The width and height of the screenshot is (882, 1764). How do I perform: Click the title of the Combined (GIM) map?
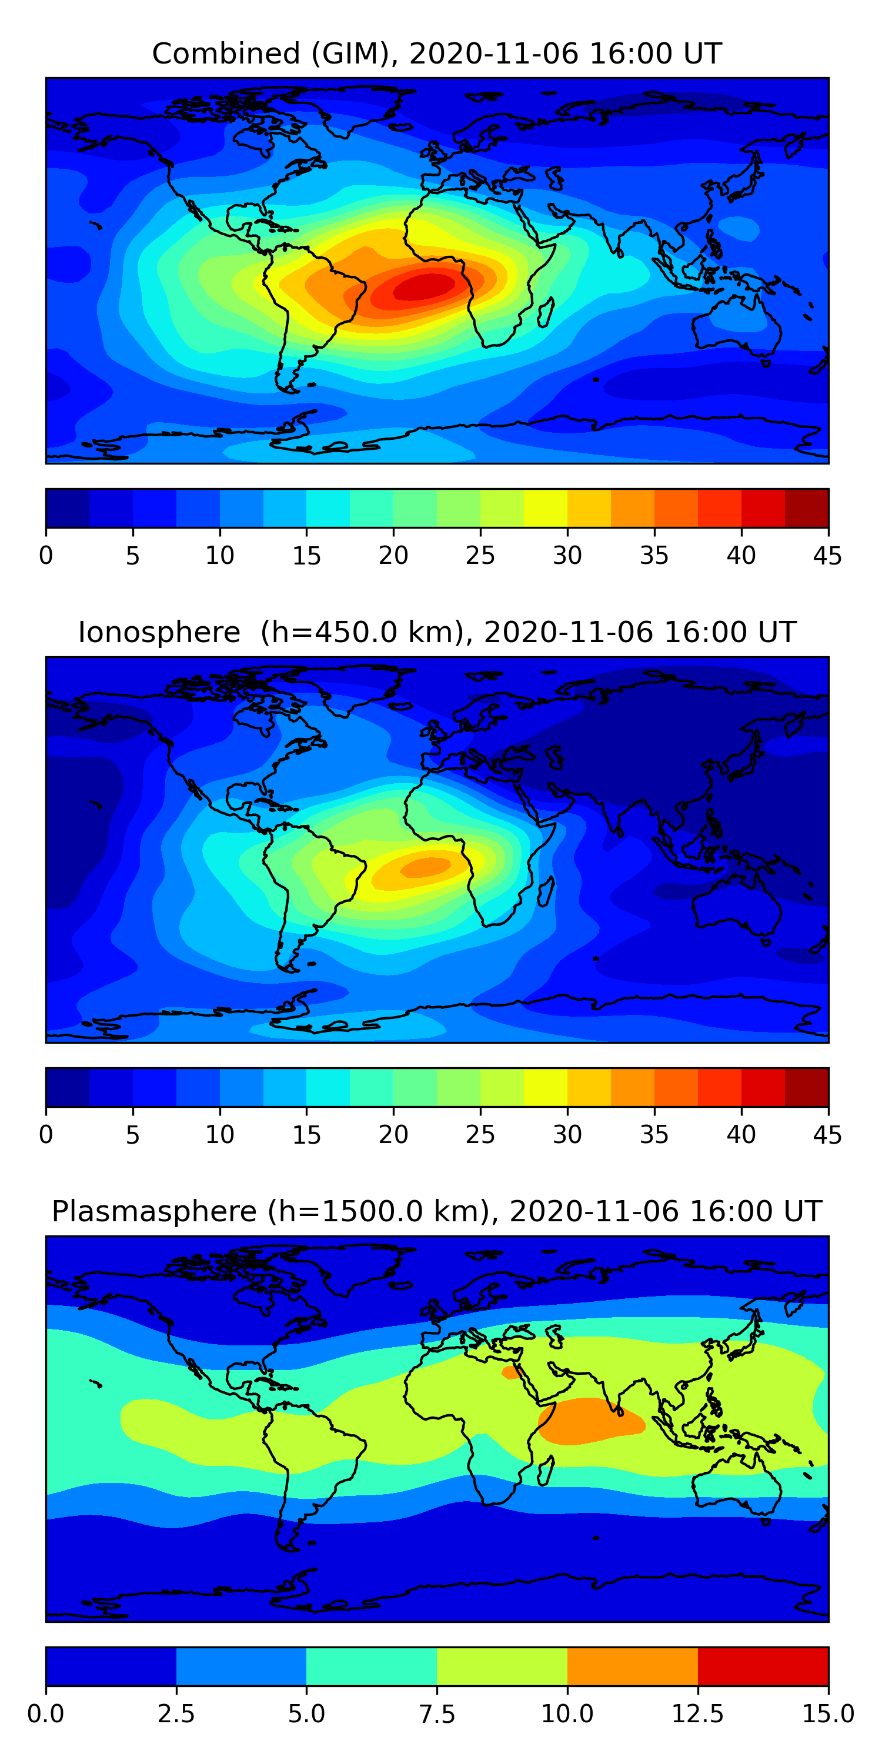(437, 54)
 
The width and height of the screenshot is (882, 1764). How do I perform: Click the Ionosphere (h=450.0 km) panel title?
(437, 632)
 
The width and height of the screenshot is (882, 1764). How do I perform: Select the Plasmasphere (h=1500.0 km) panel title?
(437, 1211)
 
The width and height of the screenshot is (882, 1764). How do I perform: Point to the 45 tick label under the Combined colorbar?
(827, 555)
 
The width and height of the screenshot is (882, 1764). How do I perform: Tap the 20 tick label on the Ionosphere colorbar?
(393, 1135)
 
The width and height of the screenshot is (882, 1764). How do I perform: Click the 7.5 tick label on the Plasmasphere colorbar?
(437, 1714)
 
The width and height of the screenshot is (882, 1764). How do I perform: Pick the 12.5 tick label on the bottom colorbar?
(697, 1714)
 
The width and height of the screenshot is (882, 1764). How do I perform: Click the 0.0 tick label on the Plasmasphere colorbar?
(46, 1714)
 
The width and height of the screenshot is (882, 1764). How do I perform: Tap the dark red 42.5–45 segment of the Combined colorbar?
(806, 508)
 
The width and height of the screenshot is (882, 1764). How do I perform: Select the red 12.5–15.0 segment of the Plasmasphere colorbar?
(763, 1666)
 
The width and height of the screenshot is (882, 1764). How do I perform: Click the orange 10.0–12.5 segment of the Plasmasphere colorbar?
(632, 1666)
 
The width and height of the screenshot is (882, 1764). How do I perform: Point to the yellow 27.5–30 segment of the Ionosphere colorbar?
(545, 1087)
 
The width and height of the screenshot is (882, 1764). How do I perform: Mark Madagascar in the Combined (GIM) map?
(546, 313)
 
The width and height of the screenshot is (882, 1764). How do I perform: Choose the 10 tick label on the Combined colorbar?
(220, 555)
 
